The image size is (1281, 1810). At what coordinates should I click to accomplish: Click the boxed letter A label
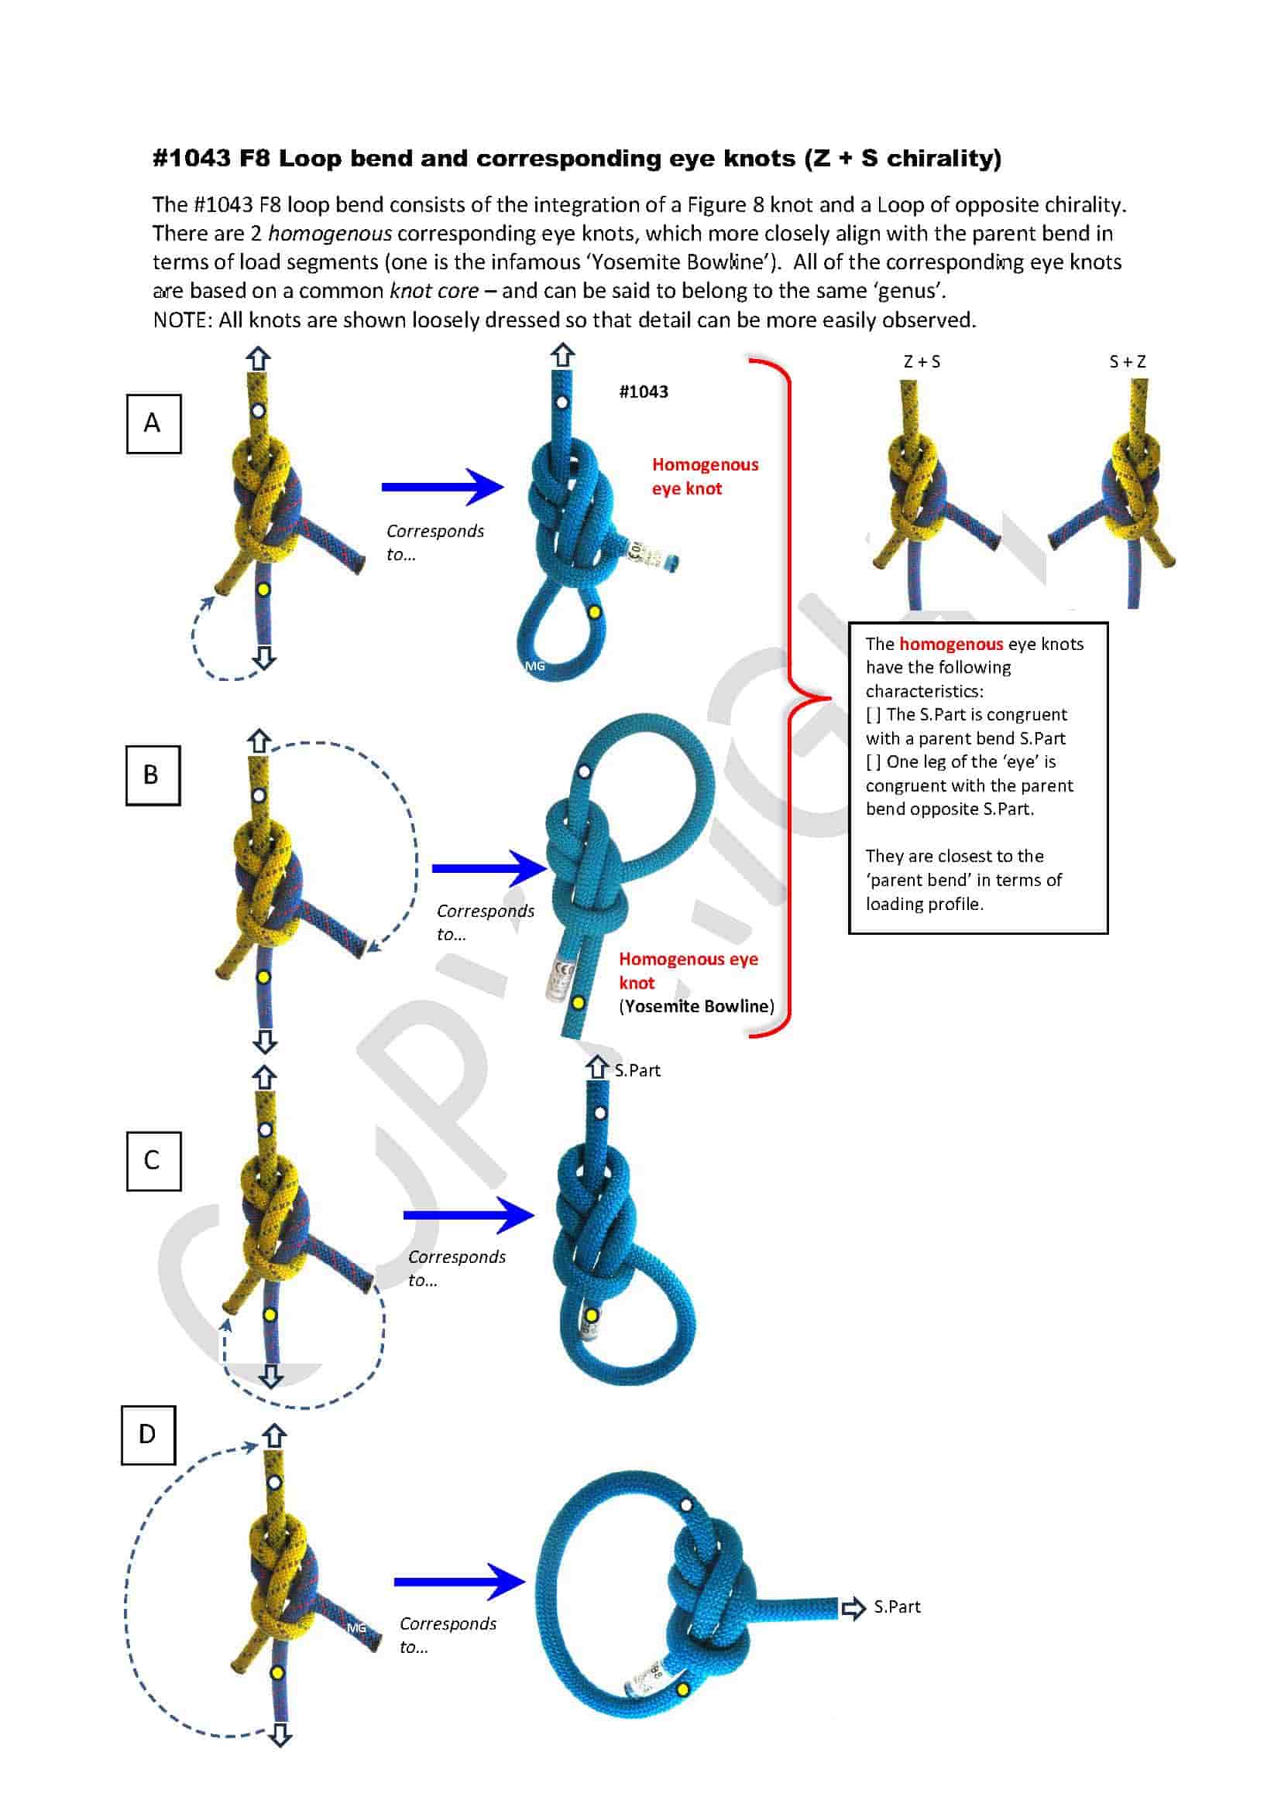coord(153,423)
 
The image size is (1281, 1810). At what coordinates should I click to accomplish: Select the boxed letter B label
coord(153,775)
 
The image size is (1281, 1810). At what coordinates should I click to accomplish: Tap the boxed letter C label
coord(153,1161)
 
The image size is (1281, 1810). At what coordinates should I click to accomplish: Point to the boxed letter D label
coord(148,1435)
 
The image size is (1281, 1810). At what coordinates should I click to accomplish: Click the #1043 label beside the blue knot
coord(643,392)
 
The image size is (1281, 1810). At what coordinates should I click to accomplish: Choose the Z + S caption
coord(922,362)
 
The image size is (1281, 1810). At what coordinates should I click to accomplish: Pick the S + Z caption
coord(1127,362)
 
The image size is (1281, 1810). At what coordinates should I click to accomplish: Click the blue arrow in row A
coord(441,487)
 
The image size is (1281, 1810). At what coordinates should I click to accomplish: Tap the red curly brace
coord(788,697)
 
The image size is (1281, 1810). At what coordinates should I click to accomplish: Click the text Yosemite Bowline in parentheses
coord(696,1006)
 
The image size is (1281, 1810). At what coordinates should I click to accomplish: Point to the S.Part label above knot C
coord(637,1069)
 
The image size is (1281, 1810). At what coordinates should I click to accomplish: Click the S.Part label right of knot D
coord(897,1606)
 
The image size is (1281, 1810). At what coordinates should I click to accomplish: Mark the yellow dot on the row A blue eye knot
coord(594,612)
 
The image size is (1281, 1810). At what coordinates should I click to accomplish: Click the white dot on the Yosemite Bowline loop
coord(584,771)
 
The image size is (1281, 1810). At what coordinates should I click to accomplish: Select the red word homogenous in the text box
coord(950,643)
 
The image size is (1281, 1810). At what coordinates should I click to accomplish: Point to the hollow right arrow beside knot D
coord(853,1608)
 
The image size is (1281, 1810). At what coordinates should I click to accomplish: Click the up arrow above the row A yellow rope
coord(258,360)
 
